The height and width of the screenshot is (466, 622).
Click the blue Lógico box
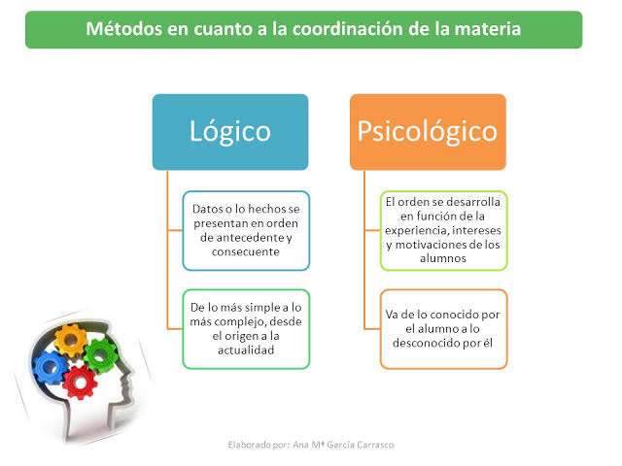(230, 132)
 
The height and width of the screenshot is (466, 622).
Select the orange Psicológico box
(428, 132)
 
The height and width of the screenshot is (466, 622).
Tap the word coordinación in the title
(348, 29)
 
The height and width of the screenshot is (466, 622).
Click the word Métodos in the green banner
(124, 29)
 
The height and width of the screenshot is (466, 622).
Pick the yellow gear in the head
(70, 340)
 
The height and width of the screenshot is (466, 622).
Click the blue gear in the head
(49, 368)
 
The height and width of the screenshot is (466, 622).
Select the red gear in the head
(80, 383)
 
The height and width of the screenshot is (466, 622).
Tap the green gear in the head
(101, 356)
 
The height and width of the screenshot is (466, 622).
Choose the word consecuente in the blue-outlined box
(246, 252)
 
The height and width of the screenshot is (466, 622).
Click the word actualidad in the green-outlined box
(246, 350)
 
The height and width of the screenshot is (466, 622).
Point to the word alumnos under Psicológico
(443, 258)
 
